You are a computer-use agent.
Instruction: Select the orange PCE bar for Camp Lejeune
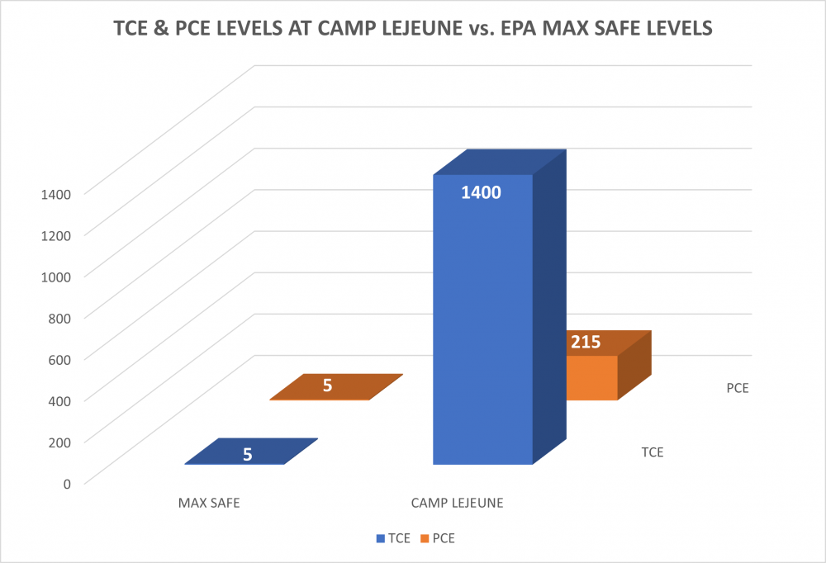coord(591,377)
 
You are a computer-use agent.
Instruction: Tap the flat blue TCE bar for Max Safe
coord(251,452)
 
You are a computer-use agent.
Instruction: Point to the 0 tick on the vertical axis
coord(66,482)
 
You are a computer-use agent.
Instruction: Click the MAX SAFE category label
coord(209,502)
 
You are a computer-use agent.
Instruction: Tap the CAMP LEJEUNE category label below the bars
coord(457,502)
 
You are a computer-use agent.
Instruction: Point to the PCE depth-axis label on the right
coord(738,386)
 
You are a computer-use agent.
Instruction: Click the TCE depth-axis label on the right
coord(653,452)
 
